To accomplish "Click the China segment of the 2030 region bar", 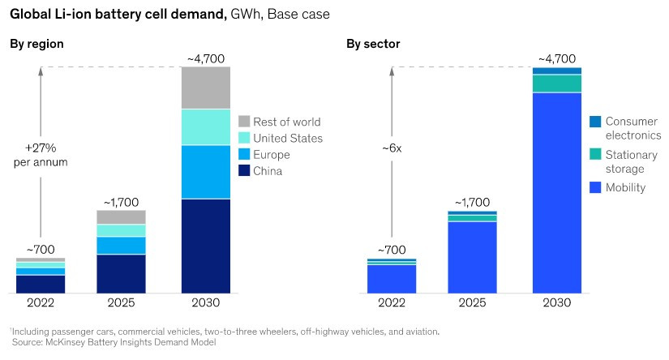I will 205,246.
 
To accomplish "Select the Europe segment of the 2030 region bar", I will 205,172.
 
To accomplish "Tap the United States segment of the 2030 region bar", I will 205,127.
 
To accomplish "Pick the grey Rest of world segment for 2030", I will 205,88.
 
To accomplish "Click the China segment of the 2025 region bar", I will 121,273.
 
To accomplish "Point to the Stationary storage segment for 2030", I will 557,84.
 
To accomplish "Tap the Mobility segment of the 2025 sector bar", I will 473,256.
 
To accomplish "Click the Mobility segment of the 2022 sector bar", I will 392,278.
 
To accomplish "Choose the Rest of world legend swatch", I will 245,122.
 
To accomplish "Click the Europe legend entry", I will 271,155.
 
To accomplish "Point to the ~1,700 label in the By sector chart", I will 473,201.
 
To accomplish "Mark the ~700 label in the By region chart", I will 41,249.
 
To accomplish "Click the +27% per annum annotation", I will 41,154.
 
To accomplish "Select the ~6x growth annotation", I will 392,148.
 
